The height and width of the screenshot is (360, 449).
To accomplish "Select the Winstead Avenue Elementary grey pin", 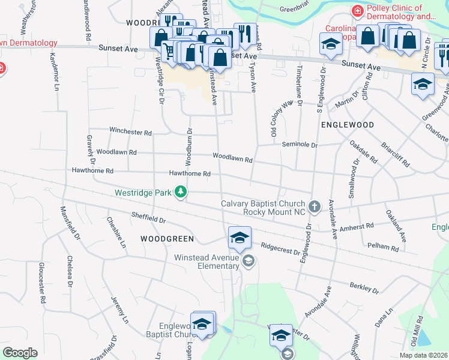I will [x=248, y=261].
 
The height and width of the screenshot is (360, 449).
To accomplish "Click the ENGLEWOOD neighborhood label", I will [x=348, y=125].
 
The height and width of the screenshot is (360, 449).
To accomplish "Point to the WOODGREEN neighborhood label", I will [x=167, y=239].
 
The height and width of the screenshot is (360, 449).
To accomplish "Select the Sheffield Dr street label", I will [x=148, y=220].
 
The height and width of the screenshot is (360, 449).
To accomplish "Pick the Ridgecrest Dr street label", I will [x=280, y=247].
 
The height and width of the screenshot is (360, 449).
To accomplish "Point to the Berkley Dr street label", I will [x=363, y=289].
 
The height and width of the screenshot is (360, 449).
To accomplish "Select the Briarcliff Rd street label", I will [x=396, y=154].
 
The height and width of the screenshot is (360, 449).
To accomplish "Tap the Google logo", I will [x=20, y=353].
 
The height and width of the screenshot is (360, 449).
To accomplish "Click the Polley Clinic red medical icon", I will [x=357, y=11].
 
